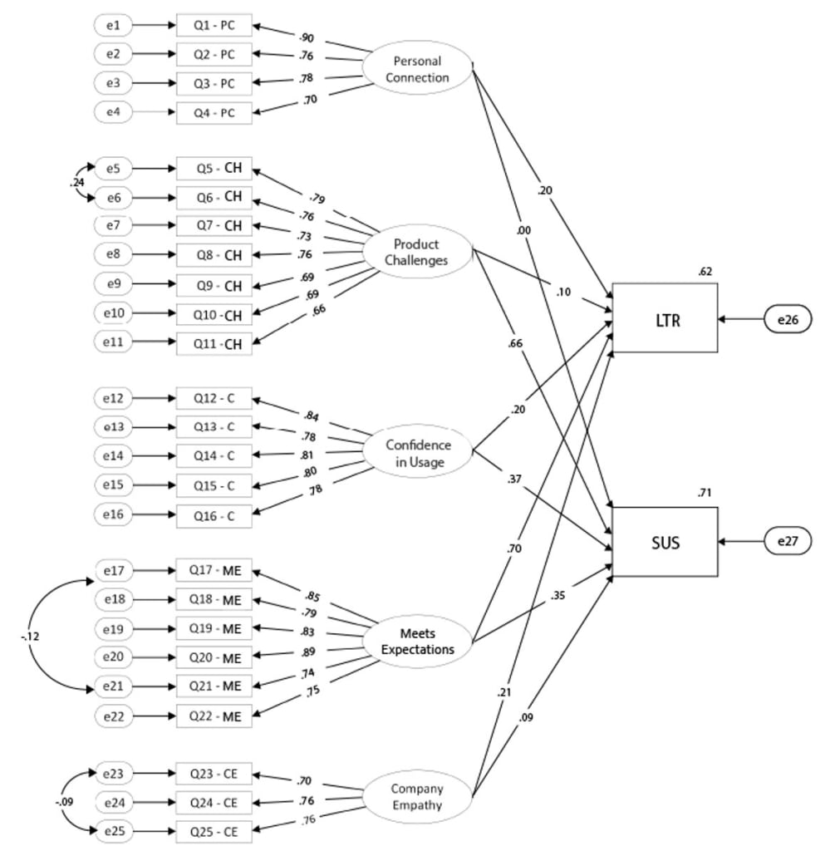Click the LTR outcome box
tap(665, 318)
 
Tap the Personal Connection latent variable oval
tap(420, 70)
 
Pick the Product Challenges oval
tap(420, 252)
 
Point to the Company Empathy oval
tap(419, 795)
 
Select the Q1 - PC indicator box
tap(214, 27)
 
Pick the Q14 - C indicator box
tap(214, 455)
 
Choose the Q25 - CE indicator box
tap(214, 831)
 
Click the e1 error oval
tap(114, 27)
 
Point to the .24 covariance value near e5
tap(76, 182)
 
